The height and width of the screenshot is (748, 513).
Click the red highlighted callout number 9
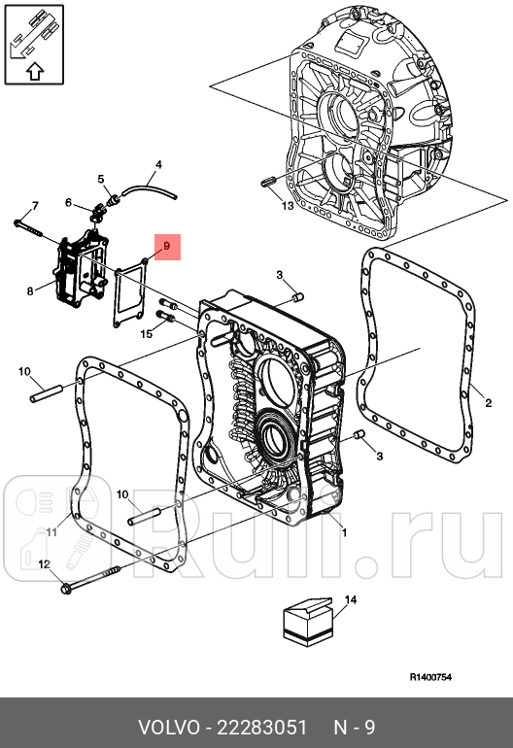tap(166, 248)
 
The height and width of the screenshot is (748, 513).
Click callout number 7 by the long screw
tap(34, 206)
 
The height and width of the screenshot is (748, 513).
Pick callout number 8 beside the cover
tap(30, 289)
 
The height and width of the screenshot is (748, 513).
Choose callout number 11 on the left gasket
tap(51, 531)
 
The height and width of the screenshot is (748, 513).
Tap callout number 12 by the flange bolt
tap(44, 564)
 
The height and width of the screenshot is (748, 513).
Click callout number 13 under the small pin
tap(287, 206)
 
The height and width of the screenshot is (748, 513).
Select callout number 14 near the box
tap(351, 600)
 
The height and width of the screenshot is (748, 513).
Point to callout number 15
tap(147, 334)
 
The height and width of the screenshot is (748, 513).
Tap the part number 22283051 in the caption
tap(260, 728)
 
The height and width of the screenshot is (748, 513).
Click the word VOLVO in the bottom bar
tap(168, 728)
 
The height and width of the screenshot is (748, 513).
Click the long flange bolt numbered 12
tap(92, 579)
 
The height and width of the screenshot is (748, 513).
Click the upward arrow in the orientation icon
tap(35, 69)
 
